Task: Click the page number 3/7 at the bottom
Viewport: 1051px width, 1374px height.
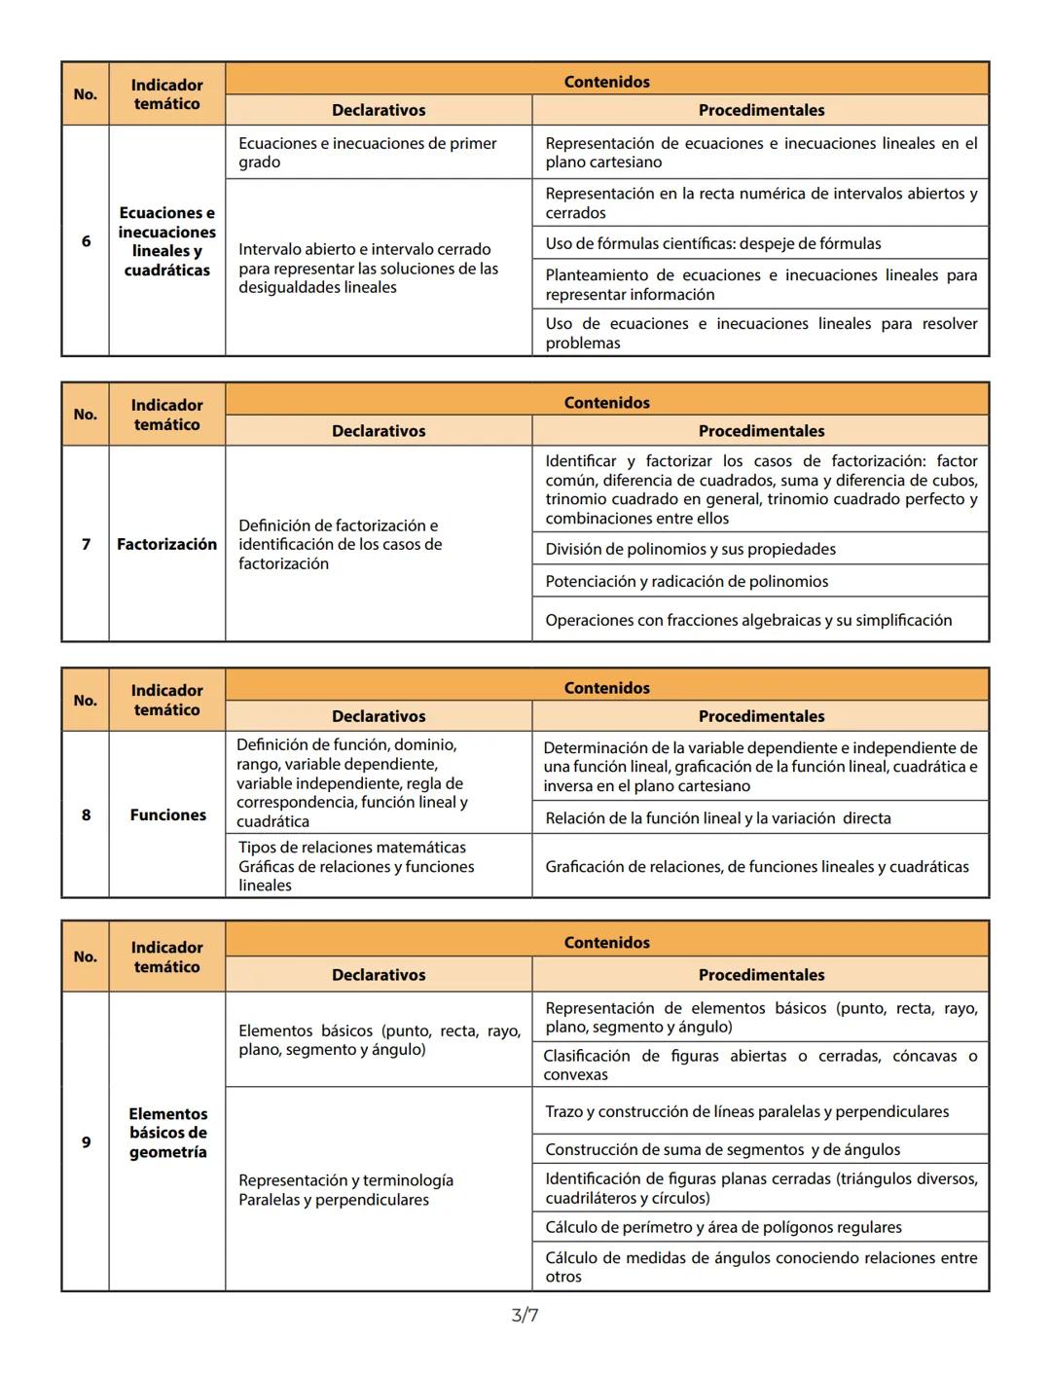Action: (x=525, y=1316)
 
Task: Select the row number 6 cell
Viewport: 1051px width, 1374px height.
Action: (x=86, y=240)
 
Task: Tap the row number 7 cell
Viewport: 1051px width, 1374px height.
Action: (x=86, y=544)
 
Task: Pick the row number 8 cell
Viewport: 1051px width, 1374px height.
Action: (x=86, y=814)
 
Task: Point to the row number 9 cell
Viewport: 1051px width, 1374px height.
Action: (x=86, y=1141)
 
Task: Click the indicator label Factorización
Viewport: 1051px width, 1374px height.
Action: (x=166, y=544)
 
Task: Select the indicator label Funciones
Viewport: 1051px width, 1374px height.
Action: (x=167, y=814)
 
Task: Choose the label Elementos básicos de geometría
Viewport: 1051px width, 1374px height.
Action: (x=167, y=1133)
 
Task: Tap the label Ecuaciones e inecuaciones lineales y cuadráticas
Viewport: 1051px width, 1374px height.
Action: (x=166, y=241)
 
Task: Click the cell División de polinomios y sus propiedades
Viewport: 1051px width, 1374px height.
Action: (x=690, y=549)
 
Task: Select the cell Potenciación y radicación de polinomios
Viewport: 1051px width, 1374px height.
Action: (x=686, y=581)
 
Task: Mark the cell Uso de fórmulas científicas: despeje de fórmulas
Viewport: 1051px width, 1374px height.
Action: (x=712, y=243)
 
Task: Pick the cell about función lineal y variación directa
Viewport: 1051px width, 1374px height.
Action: (x=717, y=818)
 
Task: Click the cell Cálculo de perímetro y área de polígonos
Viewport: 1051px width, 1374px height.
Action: (x=723, y=1227)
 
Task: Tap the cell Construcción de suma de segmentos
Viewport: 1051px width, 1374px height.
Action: (x=722, y=1149)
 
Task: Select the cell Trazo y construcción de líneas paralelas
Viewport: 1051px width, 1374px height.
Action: (x=746, y=1111)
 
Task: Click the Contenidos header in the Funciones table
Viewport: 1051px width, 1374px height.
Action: (x=606, y=688)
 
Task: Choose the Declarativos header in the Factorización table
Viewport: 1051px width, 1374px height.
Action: (x=379, y=431)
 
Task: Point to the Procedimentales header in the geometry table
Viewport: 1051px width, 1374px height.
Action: (x=761, y=975)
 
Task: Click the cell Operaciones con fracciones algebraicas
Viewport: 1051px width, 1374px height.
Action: (x=747, y=620)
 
